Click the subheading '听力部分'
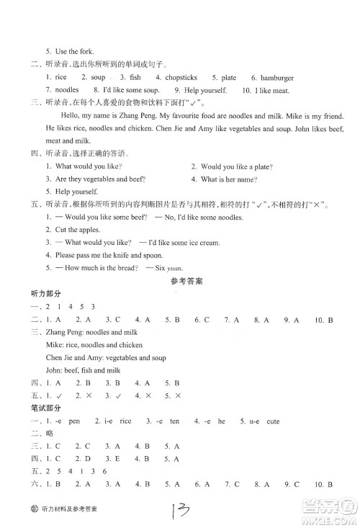(42, 295)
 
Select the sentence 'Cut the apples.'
(76, 230)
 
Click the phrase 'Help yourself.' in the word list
(184, 90)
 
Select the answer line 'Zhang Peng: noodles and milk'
(91, 332)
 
